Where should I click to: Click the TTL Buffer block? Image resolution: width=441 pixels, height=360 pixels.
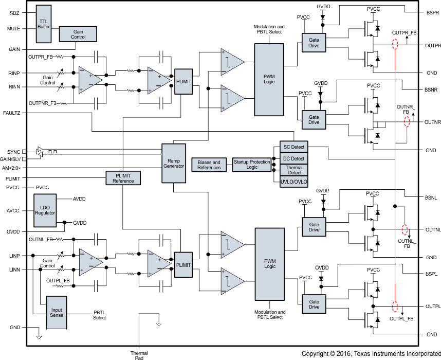44,24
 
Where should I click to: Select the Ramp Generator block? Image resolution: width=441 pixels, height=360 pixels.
173,163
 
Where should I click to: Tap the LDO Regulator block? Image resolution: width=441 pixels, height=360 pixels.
45,210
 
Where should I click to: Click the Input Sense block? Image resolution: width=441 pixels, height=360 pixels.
57,312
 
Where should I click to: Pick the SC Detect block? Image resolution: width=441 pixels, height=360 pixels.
293,148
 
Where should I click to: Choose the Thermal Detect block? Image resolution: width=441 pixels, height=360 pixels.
293,170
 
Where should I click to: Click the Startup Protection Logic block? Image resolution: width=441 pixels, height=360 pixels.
252,165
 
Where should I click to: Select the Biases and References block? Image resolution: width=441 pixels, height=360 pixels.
209,165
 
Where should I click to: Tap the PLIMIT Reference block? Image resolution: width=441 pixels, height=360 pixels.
123,178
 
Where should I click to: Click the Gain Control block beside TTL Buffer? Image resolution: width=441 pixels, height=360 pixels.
78,34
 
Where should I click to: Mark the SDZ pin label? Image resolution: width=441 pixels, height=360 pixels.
14,12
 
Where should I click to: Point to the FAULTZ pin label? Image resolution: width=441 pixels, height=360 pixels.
11,112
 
